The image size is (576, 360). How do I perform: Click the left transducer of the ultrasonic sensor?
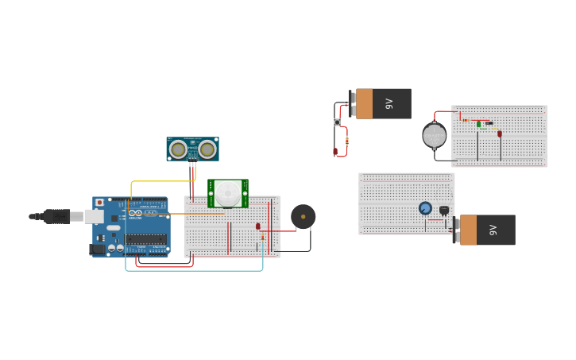coord(179,149)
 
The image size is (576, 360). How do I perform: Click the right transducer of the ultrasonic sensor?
coord(207,149)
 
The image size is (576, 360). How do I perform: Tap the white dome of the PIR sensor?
coord(228,192)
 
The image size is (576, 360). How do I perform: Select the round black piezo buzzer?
coord(303,216)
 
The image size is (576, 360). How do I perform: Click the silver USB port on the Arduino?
coord(94,216)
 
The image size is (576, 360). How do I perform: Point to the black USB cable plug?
coord(56,216)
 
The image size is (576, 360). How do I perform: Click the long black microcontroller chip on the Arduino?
coord(145,238)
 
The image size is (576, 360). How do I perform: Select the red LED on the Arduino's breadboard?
coord(258,226)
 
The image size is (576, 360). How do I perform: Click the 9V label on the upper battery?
coord(389,103)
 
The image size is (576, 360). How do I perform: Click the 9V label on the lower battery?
coord(493,230)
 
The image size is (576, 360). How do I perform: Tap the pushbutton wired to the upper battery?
coord(337,122)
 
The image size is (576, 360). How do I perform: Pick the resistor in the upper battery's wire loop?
coord(347,140)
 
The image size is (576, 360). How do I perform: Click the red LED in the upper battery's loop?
coord(335,151)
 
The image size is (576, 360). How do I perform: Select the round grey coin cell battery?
coord(435,135)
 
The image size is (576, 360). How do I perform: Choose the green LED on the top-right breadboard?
coord(479,124)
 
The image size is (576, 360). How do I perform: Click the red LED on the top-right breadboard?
coord(500,134)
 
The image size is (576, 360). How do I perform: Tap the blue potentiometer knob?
coord(425,208)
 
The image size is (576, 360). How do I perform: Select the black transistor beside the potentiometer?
coord(444,210)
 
